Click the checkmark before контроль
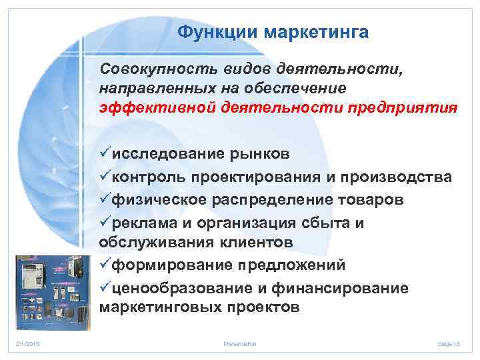pyautogui.click(x=105, y=177)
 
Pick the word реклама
pyautogui.click(x=141, y=223)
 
